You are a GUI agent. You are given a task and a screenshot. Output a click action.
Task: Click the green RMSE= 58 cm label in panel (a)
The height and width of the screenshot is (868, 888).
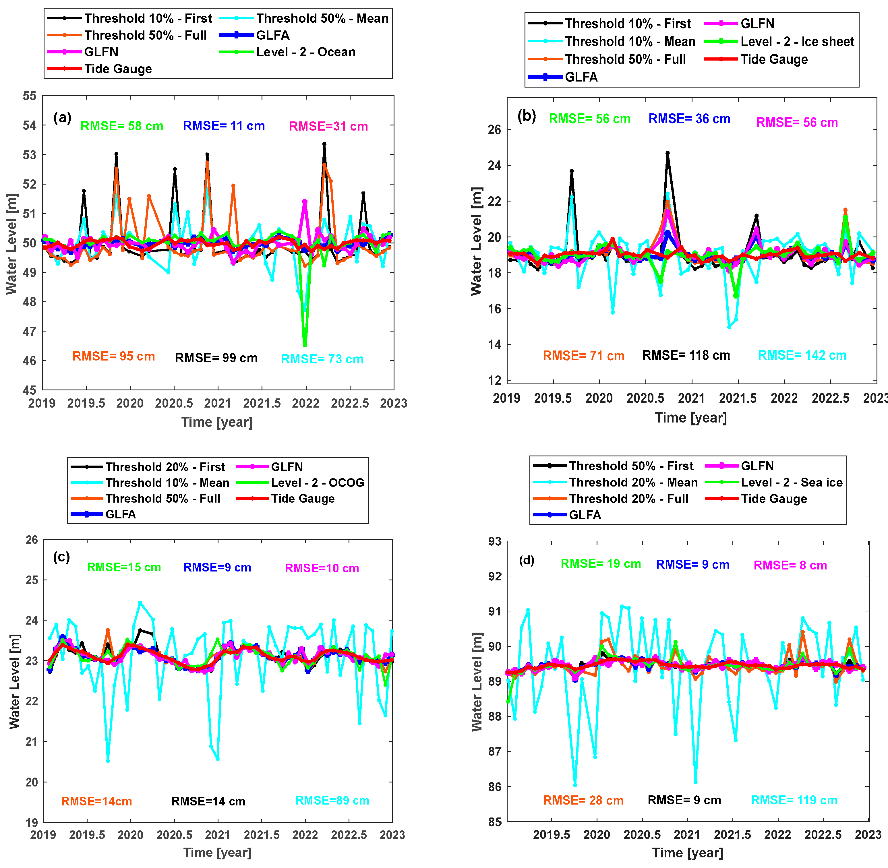click(x=122, y=126)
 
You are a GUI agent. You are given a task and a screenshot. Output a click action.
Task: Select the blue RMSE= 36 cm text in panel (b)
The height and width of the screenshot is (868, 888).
click(x=689, y=119)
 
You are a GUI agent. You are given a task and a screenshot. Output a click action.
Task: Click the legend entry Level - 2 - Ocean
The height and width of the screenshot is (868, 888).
click(x=305, y=52)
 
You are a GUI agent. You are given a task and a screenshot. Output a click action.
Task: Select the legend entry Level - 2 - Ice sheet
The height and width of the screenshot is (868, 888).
click(x=797, y=42)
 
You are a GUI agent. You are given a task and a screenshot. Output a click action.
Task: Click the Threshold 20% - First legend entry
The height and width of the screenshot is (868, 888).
click(x=165, y=467)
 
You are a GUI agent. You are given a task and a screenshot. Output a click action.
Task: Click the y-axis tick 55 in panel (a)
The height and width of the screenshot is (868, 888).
click(x=30, y=96)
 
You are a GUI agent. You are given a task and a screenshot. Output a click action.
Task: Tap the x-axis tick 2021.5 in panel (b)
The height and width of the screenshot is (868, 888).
click(x=738, y=398)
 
